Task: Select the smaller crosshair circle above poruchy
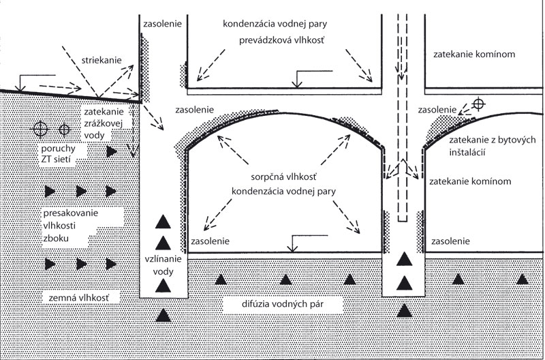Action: [63, 128]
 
